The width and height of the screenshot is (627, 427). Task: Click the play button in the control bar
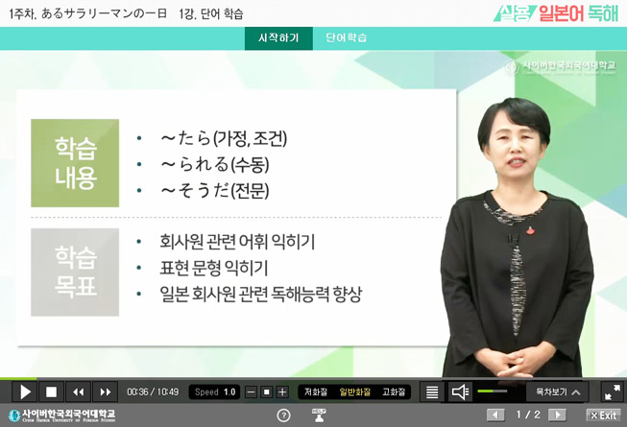click(x=25, y=391)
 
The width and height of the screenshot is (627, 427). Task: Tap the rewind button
click(x=78, y=391)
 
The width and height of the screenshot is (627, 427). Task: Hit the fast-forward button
click(x=104, y=391)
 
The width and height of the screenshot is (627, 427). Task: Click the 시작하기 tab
click(x=278, y=38)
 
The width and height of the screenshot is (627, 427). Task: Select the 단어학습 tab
click(x=347, y=38)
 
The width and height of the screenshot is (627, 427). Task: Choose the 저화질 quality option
click(x=316, y=391)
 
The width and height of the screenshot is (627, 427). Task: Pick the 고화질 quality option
click(x=394, y=391)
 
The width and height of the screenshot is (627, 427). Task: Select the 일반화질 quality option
click(x=354, y=391)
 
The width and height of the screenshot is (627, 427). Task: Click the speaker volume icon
click(x=460, y=391)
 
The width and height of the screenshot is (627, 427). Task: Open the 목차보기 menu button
click(x=558, y=391)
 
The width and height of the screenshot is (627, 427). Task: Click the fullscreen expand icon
click(x=612, y=391)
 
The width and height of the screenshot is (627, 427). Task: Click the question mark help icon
click(x=283, y=415)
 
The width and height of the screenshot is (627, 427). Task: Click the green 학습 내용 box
click(x=75, y=163)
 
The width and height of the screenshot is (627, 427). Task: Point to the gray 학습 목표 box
click(x=75, y=272)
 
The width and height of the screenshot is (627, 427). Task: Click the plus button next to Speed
click(x=282, y=391)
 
